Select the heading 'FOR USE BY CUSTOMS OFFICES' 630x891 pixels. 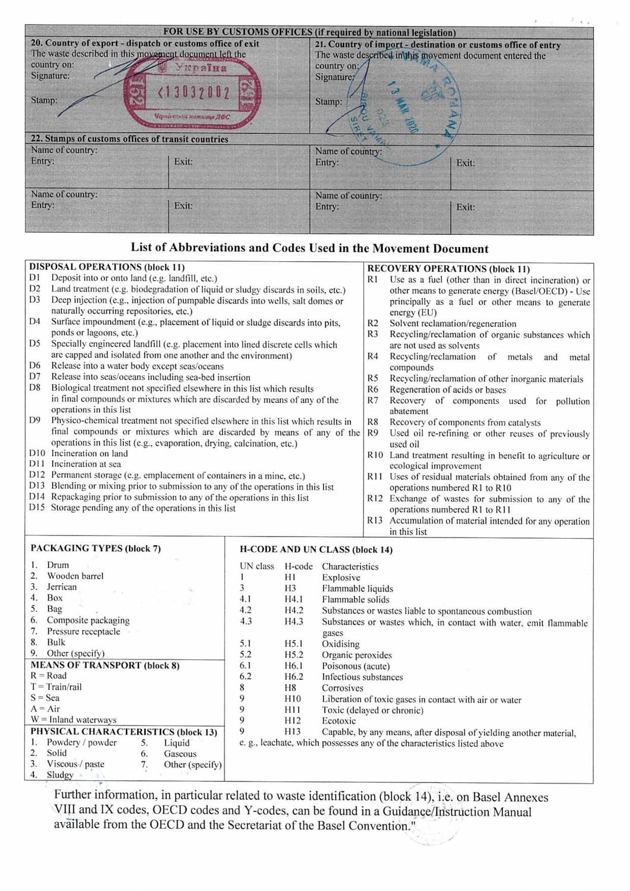pos(238,32)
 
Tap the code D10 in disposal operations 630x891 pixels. pos(37,453)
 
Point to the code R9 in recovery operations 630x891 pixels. pos(373,433)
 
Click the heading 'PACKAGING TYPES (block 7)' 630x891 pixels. pos(96,548)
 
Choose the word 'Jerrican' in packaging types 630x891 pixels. pos(62,587)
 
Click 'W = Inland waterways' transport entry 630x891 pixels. pos(74,720)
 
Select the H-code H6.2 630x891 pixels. pos(294,677)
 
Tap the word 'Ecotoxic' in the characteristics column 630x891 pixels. pos(339,721)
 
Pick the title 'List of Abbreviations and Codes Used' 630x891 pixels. pos(309,248)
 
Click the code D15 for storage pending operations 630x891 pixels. pos(37,508)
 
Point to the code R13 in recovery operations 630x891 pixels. pos(375,520)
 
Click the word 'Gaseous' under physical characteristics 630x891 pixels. pos(180,754)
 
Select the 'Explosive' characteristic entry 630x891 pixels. pos(341,577)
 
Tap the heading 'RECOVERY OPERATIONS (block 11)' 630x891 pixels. pos(448,268)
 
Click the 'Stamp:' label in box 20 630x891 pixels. pos(44,100)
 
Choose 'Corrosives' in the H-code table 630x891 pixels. pos(342,688)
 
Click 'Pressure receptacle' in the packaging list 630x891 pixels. pos(83,631)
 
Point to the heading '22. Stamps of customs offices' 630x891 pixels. pos(130,139)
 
